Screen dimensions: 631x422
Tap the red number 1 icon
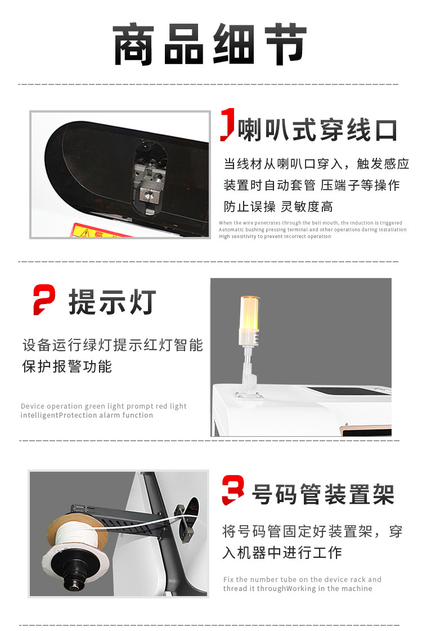click(227, 124)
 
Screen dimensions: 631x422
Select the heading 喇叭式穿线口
click(317, 131)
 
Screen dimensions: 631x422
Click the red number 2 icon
click(44, 299)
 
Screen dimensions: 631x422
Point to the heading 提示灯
click(112, 302)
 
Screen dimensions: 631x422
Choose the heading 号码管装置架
click(322, 494)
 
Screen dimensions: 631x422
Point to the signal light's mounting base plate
click(248, 393)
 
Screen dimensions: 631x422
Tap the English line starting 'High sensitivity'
click(275, 236)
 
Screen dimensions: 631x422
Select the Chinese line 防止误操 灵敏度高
click(278, 207)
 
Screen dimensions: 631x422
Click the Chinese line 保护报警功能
click(67, 366)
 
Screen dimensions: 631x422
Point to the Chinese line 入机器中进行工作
click(282, 553)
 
